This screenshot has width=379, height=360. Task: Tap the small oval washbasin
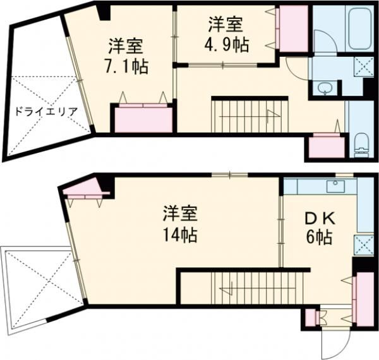coord(325,88)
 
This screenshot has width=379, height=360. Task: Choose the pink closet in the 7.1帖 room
coord(143,119)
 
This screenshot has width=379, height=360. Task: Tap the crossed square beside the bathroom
coord(364,66)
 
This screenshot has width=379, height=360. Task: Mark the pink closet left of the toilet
coord(326,146)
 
